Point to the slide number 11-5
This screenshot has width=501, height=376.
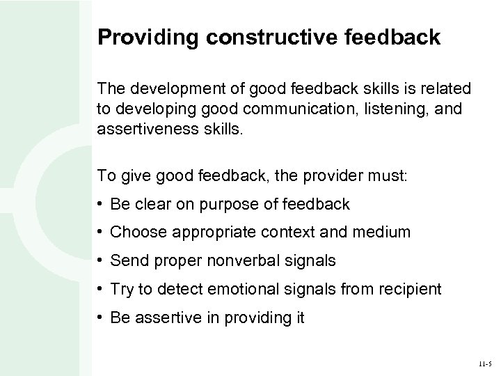(x=484, y=363)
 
